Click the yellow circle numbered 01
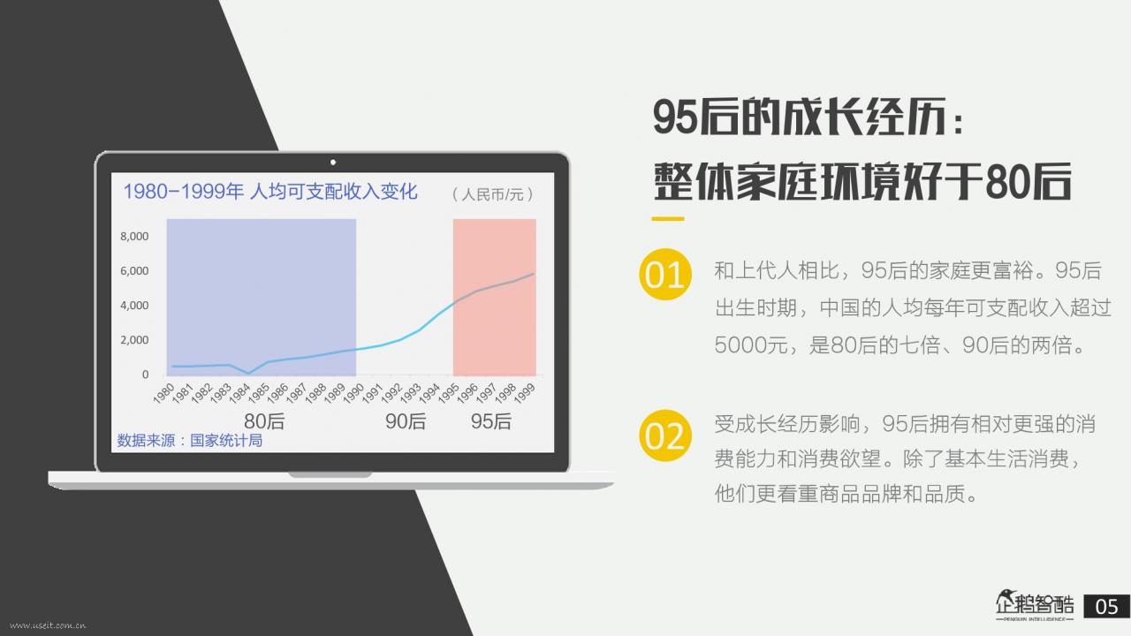point(665,274)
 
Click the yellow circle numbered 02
point(665,435)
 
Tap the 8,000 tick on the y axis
point(134,236)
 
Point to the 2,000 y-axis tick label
point(134,340)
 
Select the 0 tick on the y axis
point(146,375)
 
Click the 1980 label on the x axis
point(163,393)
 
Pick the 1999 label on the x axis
point(524,393)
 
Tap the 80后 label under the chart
point(264,421)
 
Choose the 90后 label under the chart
point(406,421)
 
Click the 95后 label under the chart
point(490,421)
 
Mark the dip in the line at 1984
point(248,374)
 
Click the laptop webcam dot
point(333,162)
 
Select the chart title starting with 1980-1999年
point(270,192)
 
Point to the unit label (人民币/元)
point(492,194)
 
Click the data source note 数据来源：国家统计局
point(190,441)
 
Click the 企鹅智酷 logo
point(1035,605)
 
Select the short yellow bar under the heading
point(667,219)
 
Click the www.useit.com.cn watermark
point(48,626)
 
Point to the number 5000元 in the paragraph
point(751,345)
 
